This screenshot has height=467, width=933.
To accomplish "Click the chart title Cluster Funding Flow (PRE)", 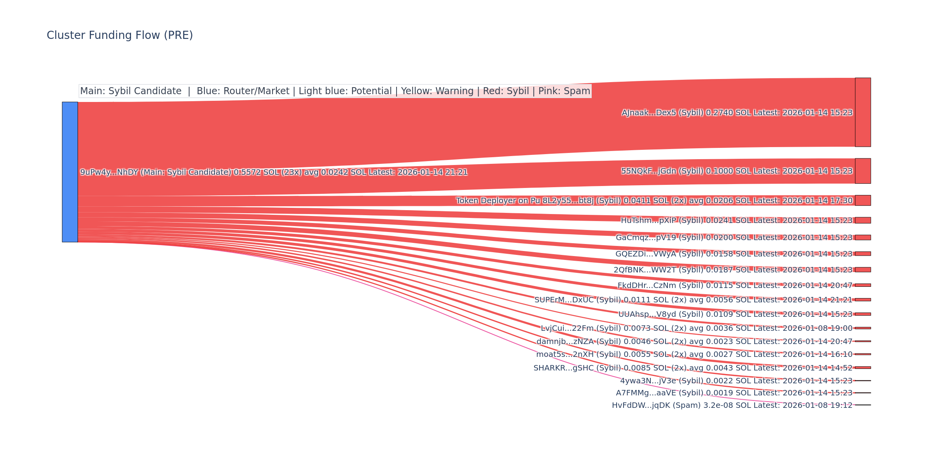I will click(120, 35).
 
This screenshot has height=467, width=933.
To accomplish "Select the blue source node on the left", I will click(70, 172).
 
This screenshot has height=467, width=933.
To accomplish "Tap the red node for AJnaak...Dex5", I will click(863, 112).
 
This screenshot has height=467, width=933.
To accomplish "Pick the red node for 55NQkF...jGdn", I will click(863, 171).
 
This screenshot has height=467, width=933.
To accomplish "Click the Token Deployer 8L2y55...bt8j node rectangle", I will click(863, 200).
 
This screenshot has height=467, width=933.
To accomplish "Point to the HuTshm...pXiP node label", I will click(736, 221).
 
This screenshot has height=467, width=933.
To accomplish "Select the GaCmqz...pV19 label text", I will click(734, 237).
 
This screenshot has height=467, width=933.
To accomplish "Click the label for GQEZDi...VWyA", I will click(734, 254).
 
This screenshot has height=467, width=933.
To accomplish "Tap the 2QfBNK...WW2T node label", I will click(733, 270).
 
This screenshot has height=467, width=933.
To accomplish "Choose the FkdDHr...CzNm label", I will click(735, 286).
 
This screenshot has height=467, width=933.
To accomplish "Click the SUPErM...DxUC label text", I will click(693, 300).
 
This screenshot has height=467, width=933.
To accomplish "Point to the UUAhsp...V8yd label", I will click(735, 314).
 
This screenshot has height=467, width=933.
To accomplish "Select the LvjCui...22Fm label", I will click(696, 328).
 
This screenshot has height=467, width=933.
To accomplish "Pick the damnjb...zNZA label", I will click(694, 342).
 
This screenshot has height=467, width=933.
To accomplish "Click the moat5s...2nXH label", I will click(694, 355).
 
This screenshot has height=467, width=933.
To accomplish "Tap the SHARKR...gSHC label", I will click(693, 368).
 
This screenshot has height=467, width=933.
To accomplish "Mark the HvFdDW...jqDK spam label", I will click(732, 406).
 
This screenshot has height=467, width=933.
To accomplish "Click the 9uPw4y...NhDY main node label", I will click(274, 172).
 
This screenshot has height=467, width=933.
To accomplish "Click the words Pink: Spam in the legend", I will click(564, 91).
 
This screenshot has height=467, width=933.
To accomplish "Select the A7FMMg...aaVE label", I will click(734, 393).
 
